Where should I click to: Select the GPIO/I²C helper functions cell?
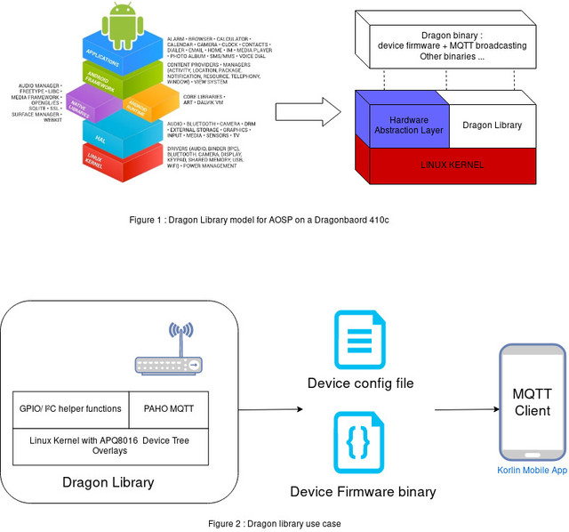click(x=70, y=409)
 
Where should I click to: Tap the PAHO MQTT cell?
click(x=168, y=409)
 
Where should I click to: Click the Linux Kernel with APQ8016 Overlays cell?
click(x=109, y=445)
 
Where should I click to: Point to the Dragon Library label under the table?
click(x=108, y=482)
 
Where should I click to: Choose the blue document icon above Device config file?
click(x=359, y=340)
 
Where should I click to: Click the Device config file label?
click(x=360, y=383)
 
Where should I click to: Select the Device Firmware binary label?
click(x=363, y=491)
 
